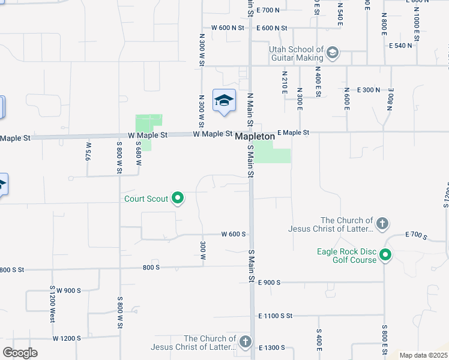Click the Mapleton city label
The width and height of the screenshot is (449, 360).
(x=255, y=137)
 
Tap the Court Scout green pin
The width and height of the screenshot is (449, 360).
(x=178, y=197)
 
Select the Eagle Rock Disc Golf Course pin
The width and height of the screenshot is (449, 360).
(x=385, y=256)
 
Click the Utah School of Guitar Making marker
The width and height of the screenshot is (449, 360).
(x=333, y=54)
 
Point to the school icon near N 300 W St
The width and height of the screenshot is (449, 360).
(x=224, y=101)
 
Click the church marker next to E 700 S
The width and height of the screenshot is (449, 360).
(x=382, y=224)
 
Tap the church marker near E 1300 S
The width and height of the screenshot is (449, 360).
(x=245, y=342)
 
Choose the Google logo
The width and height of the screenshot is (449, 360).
(x=20, y=353)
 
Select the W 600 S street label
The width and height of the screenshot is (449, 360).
(x=234, y=234)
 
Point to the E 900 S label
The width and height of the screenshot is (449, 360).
(x=270, y=282)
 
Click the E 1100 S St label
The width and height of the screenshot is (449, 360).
(x=275, y=316)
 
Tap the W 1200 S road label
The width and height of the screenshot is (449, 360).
(x=67, y=338)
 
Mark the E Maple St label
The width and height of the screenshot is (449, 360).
(x=293, y=133)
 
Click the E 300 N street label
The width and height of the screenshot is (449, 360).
(x=368, y=90)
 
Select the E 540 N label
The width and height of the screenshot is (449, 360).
(x=400, y=46)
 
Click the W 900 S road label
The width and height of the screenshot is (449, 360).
(x=68, y=290)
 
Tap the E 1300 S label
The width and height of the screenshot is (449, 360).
(x=272, y=348)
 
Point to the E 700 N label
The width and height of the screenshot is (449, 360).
(x=268, y=10)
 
